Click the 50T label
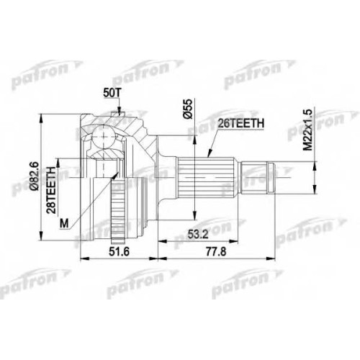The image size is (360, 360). tap(112, 94)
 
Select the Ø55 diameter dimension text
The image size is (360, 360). tap(188, 109)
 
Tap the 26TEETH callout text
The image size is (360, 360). tap(240, 123)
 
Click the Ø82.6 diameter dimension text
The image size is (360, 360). tap(35, 176)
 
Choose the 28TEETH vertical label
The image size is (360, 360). tap(51, 190)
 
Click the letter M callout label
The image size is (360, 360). tap(64, 224)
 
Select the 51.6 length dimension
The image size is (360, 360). tap(120, 251)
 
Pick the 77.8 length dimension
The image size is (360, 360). tap(216, 251)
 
